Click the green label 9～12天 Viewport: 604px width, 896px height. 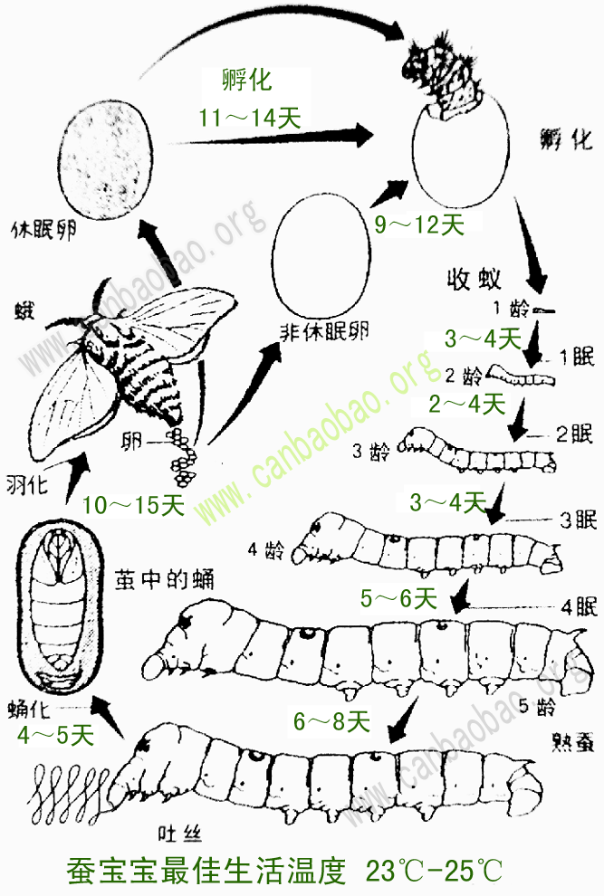pyautogui.click(x=419, y=224)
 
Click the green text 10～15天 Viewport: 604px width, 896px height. pyautogui.click(x=132, y=505)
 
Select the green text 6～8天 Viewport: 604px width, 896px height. pyautogui.click(x=331, y=721)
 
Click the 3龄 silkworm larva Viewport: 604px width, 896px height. pyautogui.click(x=480, y=450)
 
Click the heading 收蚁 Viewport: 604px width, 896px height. pyautogui.click(x=474, y=278)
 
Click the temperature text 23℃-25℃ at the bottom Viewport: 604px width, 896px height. pyautogui.click(x=434, y=871)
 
